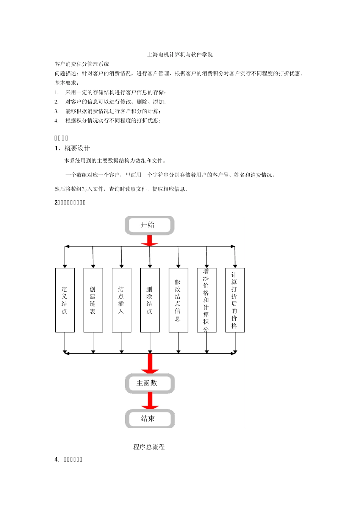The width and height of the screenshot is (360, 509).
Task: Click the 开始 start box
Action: click(149, 225)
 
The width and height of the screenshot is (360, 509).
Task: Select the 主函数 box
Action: click(150, 383)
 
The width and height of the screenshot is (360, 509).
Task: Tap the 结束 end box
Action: click(150, 418)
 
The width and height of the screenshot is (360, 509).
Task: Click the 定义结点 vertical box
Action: click(65, 300)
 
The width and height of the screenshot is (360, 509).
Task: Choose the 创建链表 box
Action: click(93, 300)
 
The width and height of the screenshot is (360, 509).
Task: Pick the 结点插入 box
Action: click(121, 300)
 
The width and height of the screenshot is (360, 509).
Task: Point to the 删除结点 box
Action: click(150, 300)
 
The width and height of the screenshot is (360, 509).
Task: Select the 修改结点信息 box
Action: click(178, 300)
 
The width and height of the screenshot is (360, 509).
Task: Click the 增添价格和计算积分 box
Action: click(207, 300)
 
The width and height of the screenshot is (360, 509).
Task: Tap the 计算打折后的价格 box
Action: click(235, 300)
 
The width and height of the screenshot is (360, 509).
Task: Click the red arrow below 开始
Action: click(150, 240)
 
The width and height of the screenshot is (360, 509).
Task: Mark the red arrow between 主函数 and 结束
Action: click(150, 401)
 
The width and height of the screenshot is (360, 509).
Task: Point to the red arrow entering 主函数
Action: click(150, 364)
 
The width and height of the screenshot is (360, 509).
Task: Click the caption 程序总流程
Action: click(149, 447)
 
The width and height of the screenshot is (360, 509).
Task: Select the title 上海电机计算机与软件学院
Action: click(180, 55)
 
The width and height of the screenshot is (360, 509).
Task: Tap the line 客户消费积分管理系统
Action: click(82, 64)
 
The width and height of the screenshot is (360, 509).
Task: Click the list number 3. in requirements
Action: click(56, 111)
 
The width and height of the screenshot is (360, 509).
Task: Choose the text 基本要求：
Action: click(67, 83)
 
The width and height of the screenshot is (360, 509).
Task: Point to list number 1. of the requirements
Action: click(56, 92)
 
